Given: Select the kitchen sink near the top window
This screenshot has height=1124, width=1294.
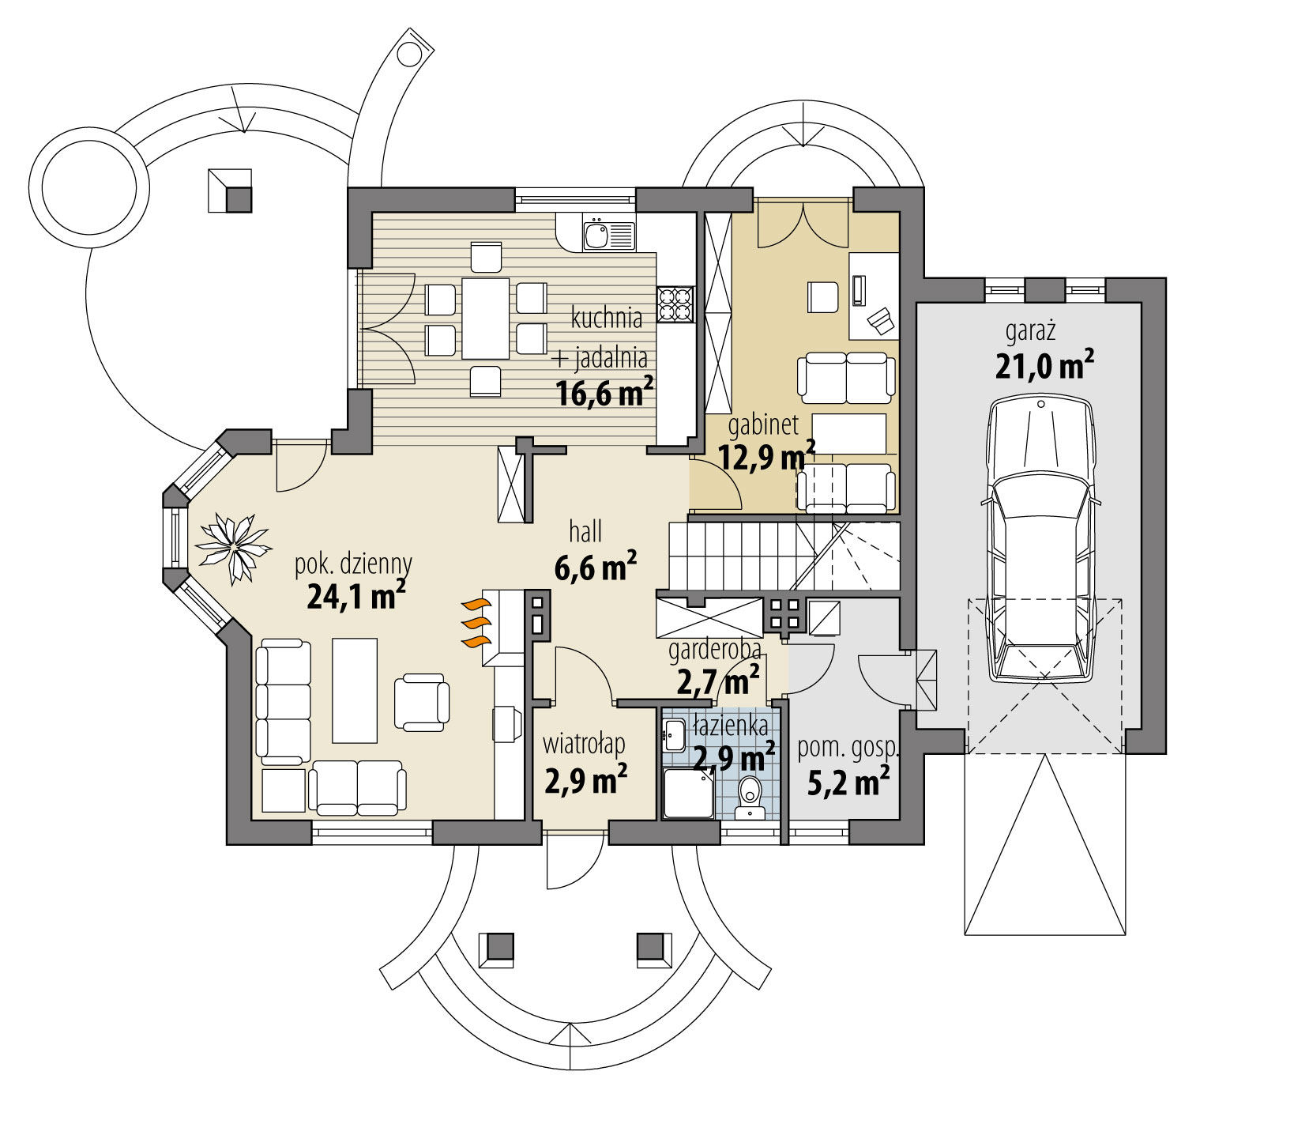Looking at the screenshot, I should point(596,235).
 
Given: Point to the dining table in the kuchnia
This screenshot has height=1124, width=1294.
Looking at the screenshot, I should point(485,318).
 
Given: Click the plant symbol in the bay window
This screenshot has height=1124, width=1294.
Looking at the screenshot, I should point(234,548).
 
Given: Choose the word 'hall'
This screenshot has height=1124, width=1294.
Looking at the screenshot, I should point(585,532).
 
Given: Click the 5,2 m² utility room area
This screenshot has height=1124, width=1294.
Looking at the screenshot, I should point(848,783).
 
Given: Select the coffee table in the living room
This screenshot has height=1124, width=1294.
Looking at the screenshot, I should point(355,690).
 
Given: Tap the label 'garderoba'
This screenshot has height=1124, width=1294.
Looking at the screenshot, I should point(715,651).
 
